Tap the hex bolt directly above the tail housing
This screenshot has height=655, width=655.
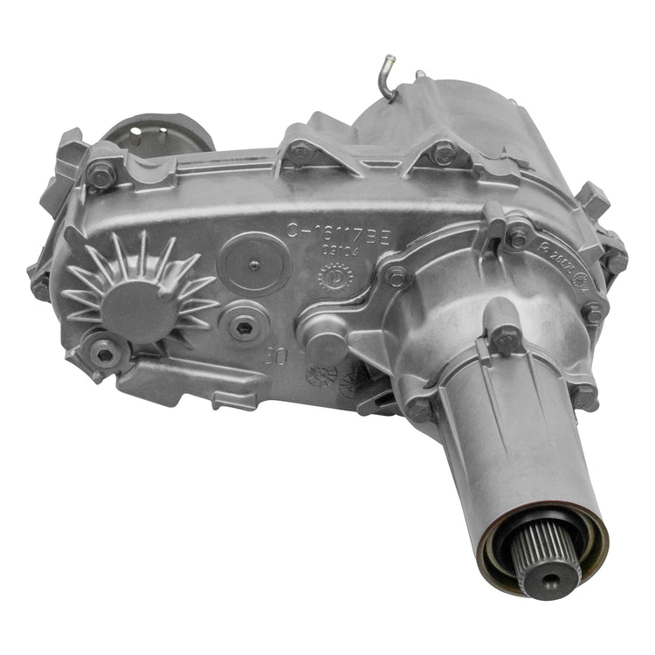(507, 334)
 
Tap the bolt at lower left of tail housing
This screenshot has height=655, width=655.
(420, 409)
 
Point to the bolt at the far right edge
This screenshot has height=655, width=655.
(617, 259)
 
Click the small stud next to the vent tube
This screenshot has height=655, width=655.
(419, 76)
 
